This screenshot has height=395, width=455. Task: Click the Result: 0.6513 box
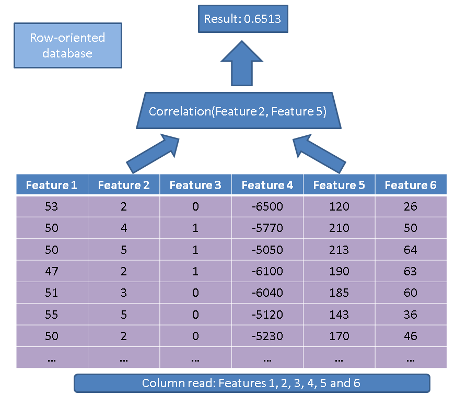(x=243, y=19)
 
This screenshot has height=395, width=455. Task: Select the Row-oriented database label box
(x=68, y=45)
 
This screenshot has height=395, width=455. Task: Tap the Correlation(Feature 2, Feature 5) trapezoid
(x=239, y=111)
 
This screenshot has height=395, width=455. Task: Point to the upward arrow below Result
(x=242, y=63)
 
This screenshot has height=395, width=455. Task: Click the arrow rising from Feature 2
(x=153, y=154)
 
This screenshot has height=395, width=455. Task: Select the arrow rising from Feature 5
(x=319, y=154)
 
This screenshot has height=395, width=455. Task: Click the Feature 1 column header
(x=52, y=184)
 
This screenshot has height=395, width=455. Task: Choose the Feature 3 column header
(x=195, y=184)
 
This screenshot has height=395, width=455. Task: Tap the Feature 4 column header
(x=267, y=184)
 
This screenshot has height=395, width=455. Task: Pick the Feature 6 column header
(x=411, y=184)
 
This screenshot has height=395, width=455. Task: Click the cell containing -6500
(x=267, y=206)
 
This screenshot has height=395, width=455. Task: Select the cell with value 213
(x=339, y=250)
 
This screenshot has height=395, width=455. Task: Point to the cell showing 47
(x=52, y=271)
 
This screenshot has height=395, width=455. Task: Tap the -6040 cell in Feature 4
(x=267, y=293)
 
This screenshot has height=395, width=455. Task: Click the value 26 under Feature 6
(x=411, y=206)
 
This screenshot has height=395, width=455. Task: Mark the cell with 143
(x=339, y=315)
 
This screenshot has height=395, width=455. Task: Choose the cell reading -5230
(x=267, y=336)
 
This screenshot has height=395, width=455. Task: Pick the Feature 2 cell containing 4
(x=124, y=228)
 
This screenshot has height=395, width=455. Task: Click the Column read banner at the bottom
(x=252, y=383)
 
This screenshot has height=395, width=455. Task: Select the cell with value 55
(x=52, y=315)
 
